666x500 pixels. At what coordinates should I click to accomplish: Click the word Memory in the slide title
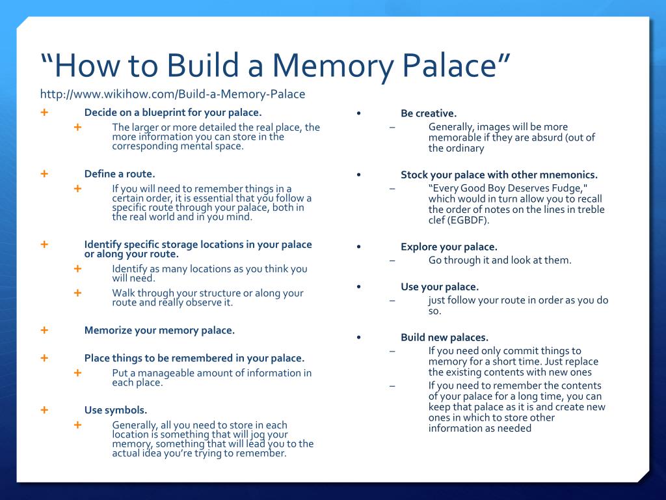click(x=326, y=66)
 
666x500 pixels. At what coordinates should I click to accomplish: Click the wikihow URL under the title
click(x=172, y=94)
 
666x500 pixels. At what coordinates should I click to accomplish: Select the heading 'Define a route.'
click(x=120, y=174)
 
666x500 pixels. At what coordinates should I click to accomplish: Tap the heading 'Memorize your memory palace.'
click(x=159, y=330)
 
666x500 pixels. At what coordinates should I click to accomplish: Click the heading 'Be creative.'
click(x=429, y=113)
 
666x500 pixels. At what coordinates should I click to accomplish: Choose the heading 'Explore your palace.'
click(x=449, y=247)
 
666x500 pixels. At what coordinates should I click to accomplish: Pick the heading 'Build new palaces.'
click(x=444, y=337)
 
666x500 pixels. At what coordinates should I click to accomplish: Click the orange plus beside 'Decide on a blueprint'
click(x=44, y=112)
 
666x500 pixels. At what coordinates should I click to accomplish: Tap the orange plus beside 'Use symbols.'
click(x=44, y=410)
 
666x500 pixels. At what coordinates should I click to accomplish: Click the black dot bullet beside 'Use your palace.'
click(x=358, y=287)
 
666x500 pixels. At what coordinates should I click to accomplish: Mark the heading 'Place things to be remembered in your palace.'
click(x=194, y=358)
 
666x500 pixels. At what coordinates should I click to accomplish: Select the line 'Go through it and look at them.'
click(x=499, y=260)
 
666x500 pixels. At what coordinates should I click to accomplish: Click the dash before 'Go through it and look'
click(x=392, y=260)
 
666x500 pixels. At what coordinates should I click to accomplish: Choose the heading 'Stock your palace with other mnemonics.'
click(x=499, y=174)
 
